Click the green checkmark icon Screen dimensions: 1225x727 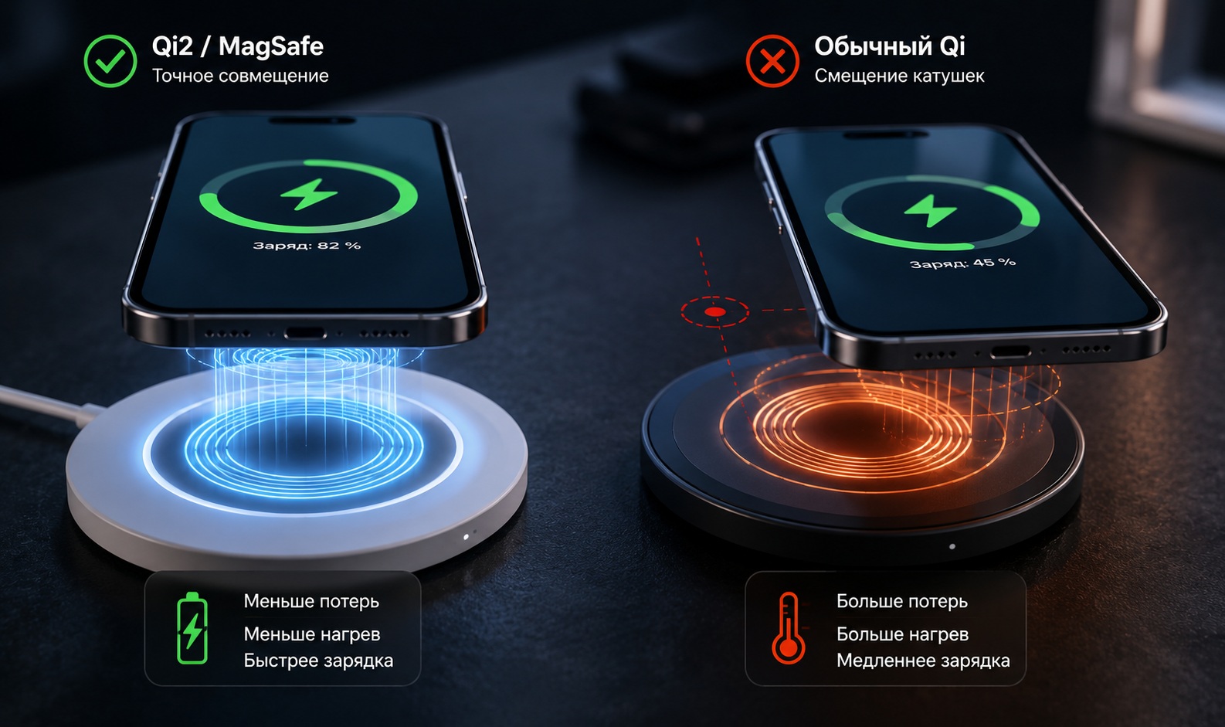pos(110,61)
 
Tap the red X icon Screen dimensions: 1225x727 pos(772,61)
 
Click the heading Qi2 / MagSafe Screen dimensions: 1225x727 pos(237,46)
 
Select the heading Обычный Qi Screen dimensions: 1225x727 pos(890,46)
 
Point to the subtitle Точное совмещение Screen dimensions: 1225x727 pos(240,76)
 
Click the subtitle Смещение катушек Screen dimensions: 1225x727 pos(900,76)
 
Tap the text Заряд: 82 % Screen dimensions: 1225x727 pos(307,246)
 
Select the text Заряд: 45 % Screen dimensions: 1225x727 pos(962,263)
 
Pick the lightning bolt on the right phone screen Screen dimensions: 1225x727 pos(930,211)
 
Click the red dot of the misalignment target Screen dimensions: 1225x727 pos(714,312)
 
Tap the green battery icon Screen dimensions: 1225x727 pos(192,628)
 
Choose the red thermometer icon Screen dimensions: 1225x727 pos(788,628)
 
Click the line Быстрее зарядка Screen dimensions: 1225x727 pos(318,661)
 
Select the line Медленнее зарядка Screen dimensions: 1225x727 pos(923,661)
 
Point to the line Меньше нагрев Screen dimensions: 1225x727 pos(312,634)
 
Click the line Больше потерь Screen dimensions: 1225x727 pos(902,602)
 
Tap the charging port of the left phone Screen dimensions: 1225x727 pos(305,333)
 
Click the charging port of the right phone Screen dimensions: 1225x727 pos(1010,352)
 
